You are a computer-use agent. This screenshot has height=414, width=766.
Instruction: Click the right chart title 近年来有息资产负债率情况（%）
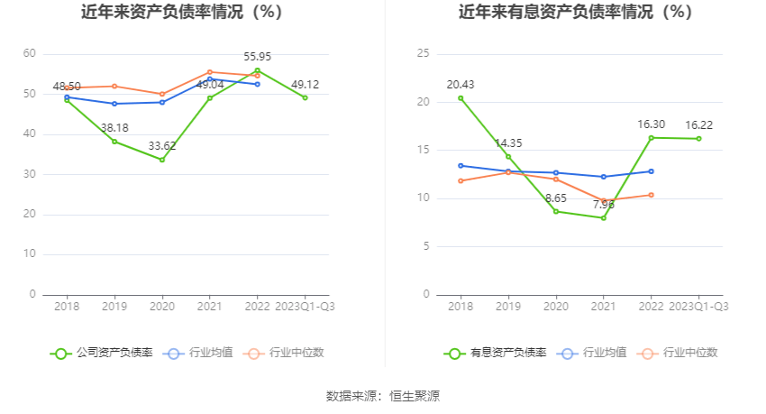coord(575,13)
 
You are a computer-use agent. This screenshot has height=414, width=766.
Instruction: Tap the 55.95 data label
coord(257,55)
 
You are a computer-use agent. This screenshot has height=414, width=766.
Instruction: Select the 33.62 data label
coord(162,144)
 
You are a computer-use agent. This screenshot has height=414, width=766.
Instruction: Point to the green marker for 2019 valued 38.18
coord(114,141)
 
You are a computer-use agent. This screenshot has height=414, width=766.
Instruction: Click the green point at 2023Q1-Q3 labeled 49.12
coord(305,97)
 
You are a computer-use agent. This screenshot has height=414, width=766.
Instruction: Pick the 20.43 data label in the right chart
coord(461,84)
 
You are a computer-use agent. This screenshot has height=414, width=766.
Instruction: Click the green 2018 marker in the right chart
coord(461,97)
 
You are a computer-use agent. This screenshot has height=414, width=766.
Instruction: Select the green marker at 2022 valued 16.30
coord(651,137)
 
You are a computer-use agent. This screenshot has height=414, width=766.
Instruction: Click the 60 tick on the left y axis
coord(30,54)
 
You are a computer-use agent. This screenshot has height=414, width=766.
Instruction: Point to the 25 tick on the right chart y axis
coord(423,54)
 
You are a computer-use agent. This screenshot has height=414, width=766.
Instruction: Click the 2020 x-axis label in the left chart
coord(162,307)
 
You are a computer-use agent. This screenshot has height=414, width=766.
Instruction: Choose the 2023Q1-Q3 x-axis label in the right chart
coord(698,307)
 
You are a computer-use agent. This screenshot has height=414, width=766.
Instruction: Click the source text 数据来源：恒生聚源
coord(382,396)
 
